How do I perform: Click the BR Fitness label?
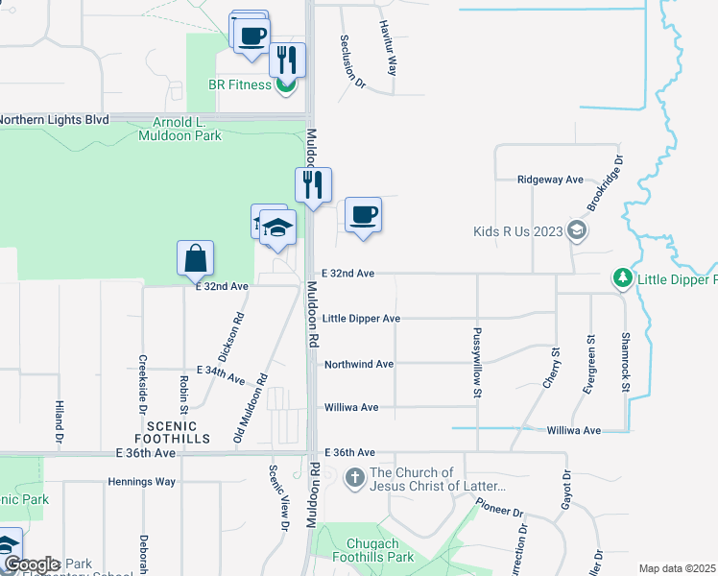click(240, 84)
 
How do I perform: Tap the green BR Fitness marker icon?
click(284, 85)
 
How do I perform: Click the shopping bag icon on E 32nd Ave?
click(195, 258)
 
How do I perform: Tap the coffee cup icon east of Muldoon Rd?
click(362, 215)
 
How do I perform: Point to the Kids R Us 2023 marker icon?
click(576, 230)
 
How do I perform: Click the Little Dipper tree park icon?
click(622, 278)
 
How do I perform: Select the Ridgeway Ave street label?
click(550, 180)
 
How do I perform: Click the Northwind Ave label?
click(359, 365)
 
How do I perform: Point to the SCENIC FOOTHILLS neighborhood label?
click(173, 432)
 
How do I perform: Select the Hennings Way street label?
click(142, 481)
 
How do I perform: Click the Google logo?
click(32, 564)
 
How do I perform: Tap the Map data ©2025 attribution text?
click(678, 568)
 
